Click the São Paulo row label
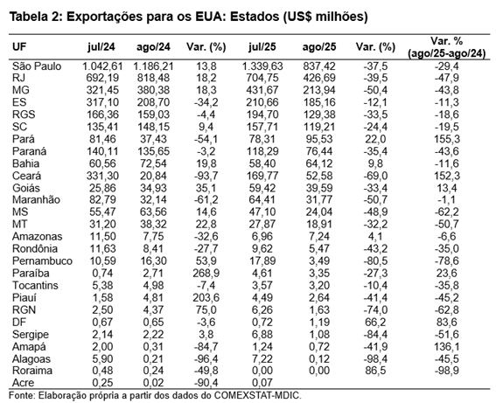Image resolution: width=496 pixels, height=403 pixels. [37, 66]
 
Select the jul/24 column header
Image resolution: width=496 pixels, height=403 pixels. [101, 47]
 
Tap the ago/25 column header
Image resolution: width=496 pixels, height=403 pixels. [319, 47]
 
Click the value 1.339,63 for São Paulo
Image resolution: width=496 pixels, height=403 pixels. [262, 66]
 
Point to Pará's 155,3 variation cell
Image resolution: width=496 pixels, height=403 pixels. [447, 139]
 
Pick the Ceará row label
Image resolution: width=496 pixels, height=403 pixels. [26, 176]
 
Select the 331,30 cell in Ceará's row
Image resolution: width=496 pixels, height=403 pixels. [102, 176]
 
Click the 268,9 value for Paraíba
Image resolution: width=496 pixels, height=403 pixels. [206, 273]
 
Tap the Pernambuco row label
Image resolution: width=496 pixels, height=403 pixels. [42, 261]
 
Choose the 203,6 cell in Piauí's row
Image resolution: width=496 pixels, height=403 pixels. [206, 298]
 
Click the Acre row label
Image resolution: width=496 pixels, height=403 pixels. [23, 383]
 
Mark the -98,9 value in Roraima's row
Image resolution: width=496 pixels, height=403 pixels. [447, 371]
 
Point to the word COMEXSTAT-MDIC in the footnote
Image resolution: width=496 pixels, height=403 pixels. [257, 395]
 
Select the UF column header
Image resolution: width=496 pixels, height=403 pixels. [19, 47]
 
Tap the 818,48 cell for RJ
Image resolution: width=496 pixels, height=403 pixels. [153, 78]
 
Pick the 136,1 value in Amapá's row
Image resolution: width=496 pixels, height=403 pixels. [447, 347]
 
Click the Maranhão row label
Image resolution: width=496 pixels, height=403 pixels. [36, 200]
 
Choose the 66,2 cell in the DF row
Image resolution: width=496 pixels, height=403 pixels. [375, 322]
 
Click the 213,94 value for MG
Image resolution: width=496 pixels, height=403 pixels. [319, 90]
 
